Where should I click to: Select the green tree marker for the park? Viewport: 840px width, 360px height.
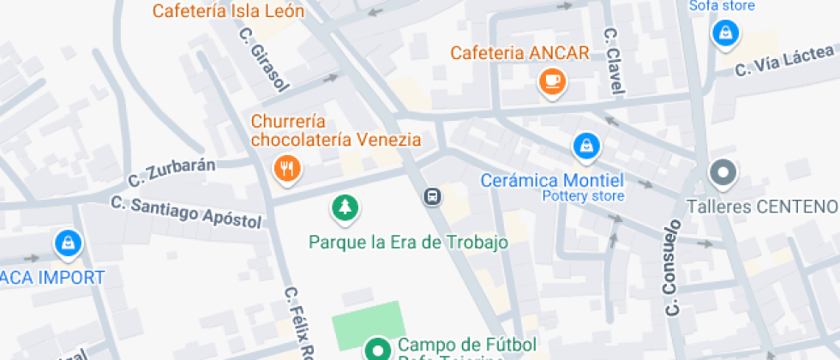[345, 207]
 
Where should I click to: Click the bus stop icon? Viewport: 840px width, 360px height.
[433, 197]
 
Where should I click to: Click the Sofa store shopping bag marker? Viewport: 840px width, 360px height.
[725, 33]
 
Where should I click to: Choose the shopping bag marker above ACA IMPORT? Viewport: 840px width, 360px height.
[67, 243]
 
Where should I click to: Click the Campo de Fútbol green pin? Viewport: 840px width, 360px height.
[376, 349]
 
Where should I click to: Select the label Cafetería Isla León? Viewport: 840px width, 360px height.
[228, 10]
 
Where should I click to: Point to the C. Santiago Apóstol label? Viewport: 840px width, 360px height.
[186, 212]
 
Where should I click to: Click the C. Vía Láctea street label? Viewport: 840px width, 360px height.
[784, 63]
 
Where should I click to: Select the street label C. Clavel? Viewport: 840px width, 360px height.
[615, 59]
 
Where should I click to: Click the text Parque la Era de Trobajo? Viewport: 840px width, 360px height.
[408, 242]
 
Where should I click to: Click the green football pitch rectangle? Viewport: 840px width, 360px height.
[367, 325]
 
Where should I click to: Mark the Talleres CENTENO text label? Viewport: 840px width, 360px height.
[762, 207]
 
